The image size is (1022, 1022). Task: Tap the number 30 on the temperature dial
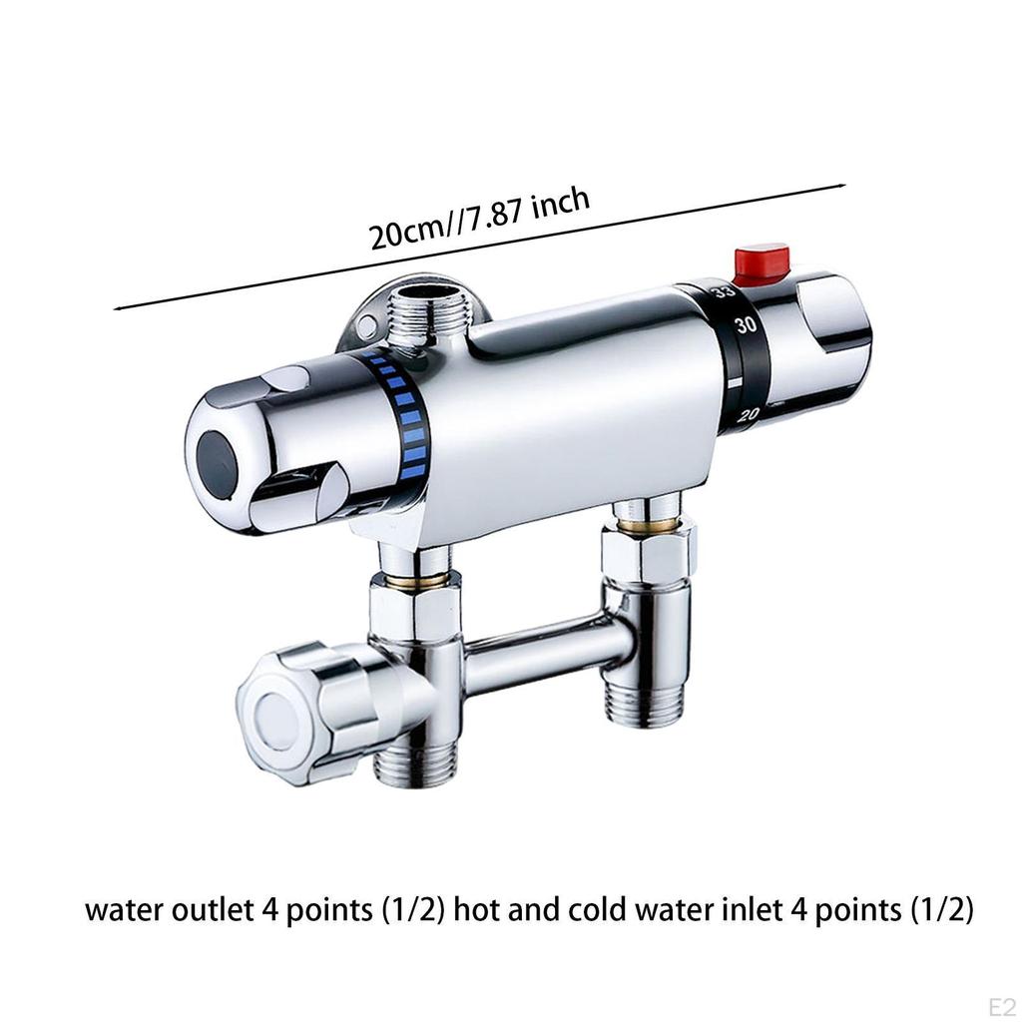[x=746, y=324]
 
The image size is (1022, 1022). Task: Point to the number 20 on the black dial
[x=749, y=413]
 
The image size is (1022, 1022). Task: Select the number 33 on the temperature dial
[x=723, y=290]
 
